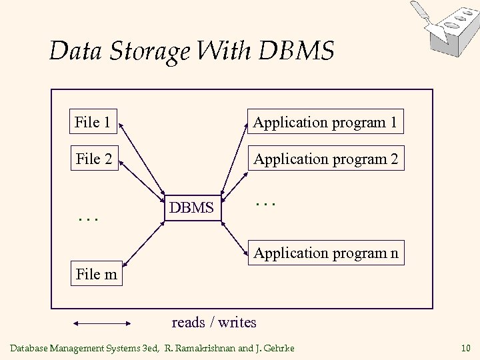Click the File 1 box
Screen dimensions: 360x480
[x=93, y=122]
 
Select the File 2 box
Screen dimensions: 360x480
[x=94, y=159]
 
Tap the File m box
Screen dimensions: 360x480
[x=97, y=274]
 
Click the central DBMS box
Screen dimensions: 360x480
[x=191, y=208]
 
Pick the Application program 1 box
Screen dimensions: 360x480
[x=325, y=122]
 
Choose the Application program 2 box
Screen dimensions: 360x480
[x=325, y=159]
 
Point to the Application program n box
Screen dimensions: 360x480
[x=325, y=253]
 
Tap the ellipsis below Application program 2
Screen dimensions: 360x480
[x=265, y=200]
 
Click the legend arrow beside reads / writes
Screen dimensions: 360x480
[x=102, y=323]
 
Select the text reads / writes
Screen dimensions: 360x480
[x=214, y=323]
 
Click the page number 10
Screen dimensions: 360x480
[x=465, y=347]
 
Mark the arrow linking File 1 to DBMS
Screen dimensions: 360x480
[x=143, y=160]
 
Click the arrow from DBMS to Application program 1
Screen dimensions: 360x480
[x=235, y=160]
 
